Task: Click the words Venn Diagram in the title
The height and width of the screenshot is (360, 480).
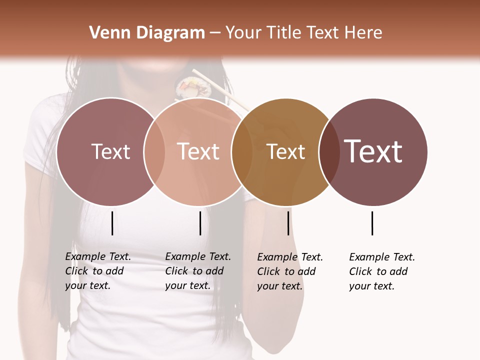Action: pos(147,33)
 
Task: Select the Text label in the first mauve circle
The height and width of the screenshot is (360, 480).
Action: pos(110,151)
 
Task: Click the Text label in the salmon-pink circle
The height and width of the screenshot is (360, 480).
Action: pos(198,151)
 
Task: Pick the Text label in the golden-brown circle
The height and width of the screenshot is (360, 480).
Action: pos(286,151)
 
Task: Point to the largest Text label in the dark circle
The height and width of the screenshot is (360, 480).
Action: pos(373,151)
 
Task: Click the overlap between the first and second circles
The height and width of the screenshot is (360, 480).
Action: pos(154,151)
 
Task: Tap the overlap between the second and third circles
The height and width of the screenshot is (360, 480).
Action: pos(242,151)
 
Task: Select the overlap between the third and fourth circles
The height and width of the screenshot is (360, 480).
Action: pos(329,151)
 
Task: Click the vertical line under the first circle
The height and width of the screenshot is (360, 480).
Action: pos(112,223)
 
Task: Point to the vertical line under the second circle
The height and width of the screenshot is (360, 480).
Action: pos(200,223)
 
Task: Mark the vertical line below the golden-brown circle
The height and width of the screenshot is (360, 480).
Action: pos(288,223)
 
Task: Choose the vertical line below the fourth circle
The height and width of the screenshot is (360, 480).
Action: pos(372,223)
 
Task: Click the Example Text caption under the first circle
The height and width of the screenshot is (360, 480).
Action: pos(98,271)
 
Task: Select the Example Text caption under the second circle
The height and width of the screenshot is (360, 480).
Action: pos(198,271)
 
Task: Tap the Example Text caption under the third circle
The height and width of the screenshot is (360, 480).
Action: pos(290,271)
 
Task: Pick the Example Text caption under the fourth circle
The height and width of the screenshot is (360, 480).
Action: pos(382,271)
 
